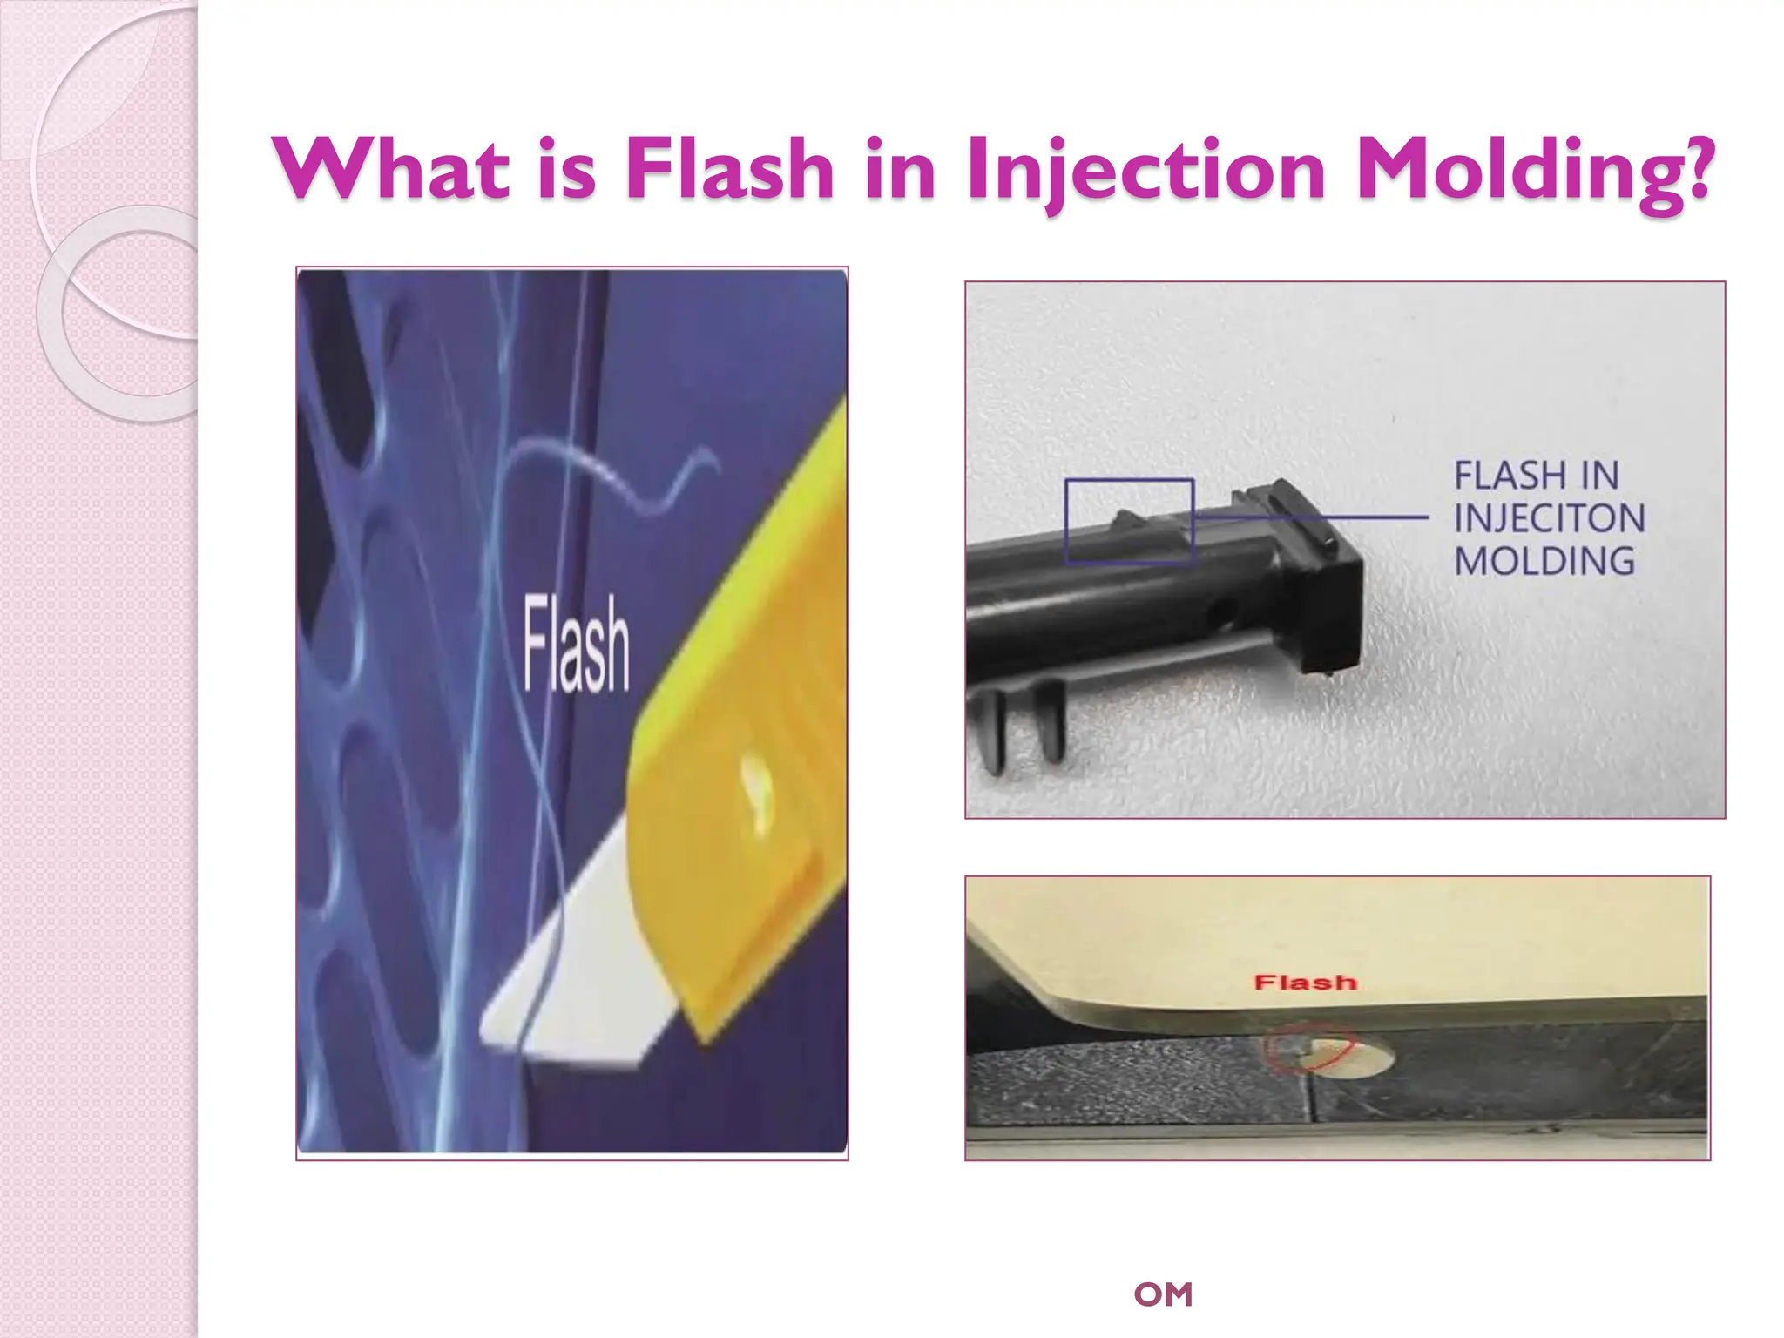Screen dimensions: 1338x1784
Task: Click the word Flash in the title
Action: [730, 169]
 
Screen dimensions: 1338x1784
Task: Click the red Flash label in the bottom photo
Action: [1305, 983]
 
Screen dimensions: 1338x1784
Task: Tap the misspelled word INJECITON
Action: [1549, 518]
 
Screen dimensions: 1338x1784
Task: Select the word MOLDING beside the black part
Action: [1544, 561]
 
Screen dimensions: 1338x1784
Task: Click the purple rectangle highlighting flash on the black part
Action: [1129, 522]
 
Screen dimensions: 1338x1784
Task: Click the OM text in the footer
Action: [1163, 1294]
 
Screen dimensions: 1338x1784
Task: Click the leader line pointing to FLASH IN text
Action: [1311, 517]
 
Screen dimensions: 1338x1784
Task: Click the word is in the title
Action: [566, 169]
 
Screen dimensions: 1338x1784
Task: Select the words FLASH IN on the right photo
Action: [1536, 476]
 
